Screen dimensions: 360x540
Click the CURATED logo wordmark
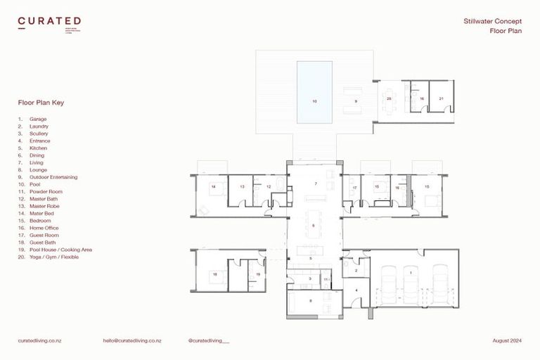coord(49,21)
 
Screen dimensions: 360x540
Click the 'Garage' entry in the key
coord(38,119)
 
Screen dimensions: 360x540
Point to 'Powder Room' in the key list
coord(46,191)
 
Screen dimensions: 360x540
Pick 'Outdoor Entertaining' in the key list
coord(53,177)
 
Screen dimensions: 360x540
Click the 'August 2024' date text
coord(506,340)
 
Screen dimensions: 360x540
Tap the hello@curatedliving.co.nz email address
coord(132,340)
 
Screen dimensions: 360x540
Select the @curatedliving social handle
coord(209,340)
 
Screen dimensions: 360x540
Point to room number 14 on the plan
coord(213,187)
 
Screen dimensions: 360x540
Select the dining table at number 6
coord(314,225)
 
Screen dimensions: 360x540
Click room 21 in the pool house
coord(441,99)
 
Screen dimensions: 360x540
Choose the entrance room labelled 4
coord(356,289)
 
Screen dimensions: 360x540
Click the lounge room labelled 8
coord(311,301)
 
